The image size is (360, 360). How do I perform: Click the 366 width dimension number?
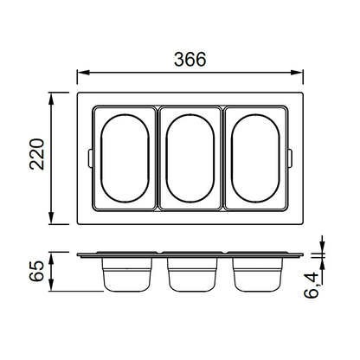[190, 59]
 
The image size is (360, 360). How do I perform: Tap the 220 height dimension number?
[37, 154]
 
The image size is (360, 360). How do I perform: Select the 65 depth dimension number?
[36, 271]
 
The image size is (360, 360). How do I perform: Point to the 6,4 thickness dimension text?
[312, 286]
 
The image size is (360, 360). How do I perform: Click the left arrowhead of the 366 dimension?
[84, 72]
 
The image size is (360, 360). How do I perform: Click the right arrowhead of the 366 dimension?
[297, 72]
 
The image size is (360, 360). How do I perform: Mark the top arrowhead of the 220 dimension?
[51, 99]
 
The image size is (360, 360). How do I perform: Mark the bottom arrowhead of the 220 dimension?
[51, 218]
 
